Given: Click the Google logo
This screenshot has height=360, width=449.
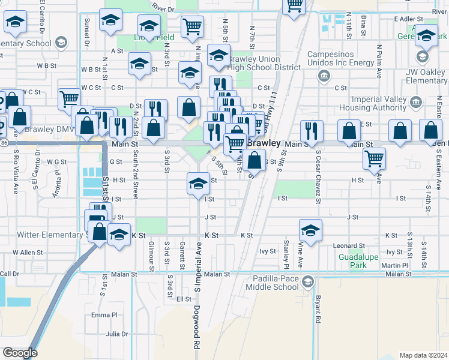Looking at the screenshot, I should tap(20, 353).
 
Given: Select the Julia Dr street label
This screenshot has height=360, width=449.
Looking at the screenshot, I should tap(117, 334).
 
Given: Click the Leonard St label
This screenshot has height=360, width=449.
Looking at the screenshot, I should tap(349, 246).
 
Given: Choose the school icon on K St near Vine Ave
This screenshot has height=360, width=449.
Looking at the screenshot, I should tap(310, 230).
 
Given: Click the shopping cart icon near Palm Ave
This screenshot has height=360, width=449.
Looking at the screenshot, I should tap(375, 159).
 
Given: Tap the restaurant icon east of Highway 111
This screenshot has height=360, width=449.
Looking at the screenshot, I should tap(312, 131).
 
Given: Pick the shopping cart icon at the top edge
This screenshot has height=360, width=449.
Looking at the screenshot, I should tap(294, 7).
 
